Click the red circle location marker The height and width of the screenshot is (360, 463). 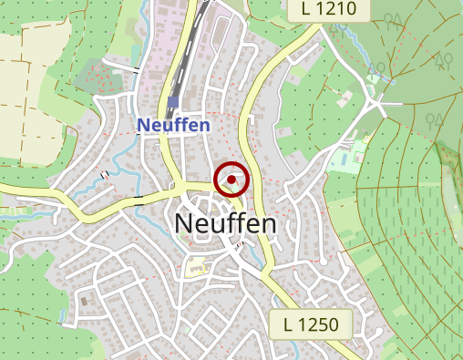pos(231,180)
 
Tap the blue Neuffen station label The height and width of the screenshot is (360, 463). pos(173,126)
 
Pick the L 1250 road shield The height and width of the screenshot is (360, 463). pos(311,324)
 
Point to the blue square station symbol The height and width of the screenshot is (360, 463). pos(172,102)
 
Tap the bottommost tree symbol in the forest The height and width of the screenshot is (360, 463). pos(435,119)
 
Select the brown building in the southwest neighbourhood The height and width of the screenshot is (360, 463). pos(85,300)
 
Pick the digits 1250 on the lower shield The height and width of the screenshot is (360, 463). pos(318,324)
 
